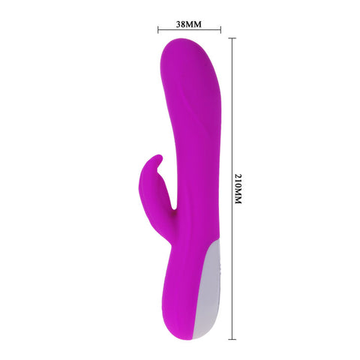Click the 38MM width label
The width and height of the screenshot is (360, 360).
[x=189, y=23]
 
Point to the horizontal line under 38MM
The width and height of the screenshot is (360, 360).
[x=189, y=31]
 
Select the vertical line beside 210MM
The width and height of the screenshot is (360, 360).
[x=231, y=187]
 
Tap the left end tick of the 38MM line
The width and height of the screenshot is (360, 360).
[x=157, y=31]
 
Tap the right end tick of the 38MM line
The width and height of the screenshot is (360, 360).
[x=220, y=31]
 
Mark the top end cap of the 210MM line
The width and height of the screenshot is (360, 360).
[x=231, y=38]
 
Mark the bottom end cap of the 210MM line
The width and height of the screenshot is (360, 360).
[x=231, y=338]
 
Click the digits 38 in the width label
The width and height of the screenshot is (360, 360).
[x=181, y=23]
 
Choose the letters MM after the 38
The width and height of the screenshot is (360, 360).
[x=195, y=23]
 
